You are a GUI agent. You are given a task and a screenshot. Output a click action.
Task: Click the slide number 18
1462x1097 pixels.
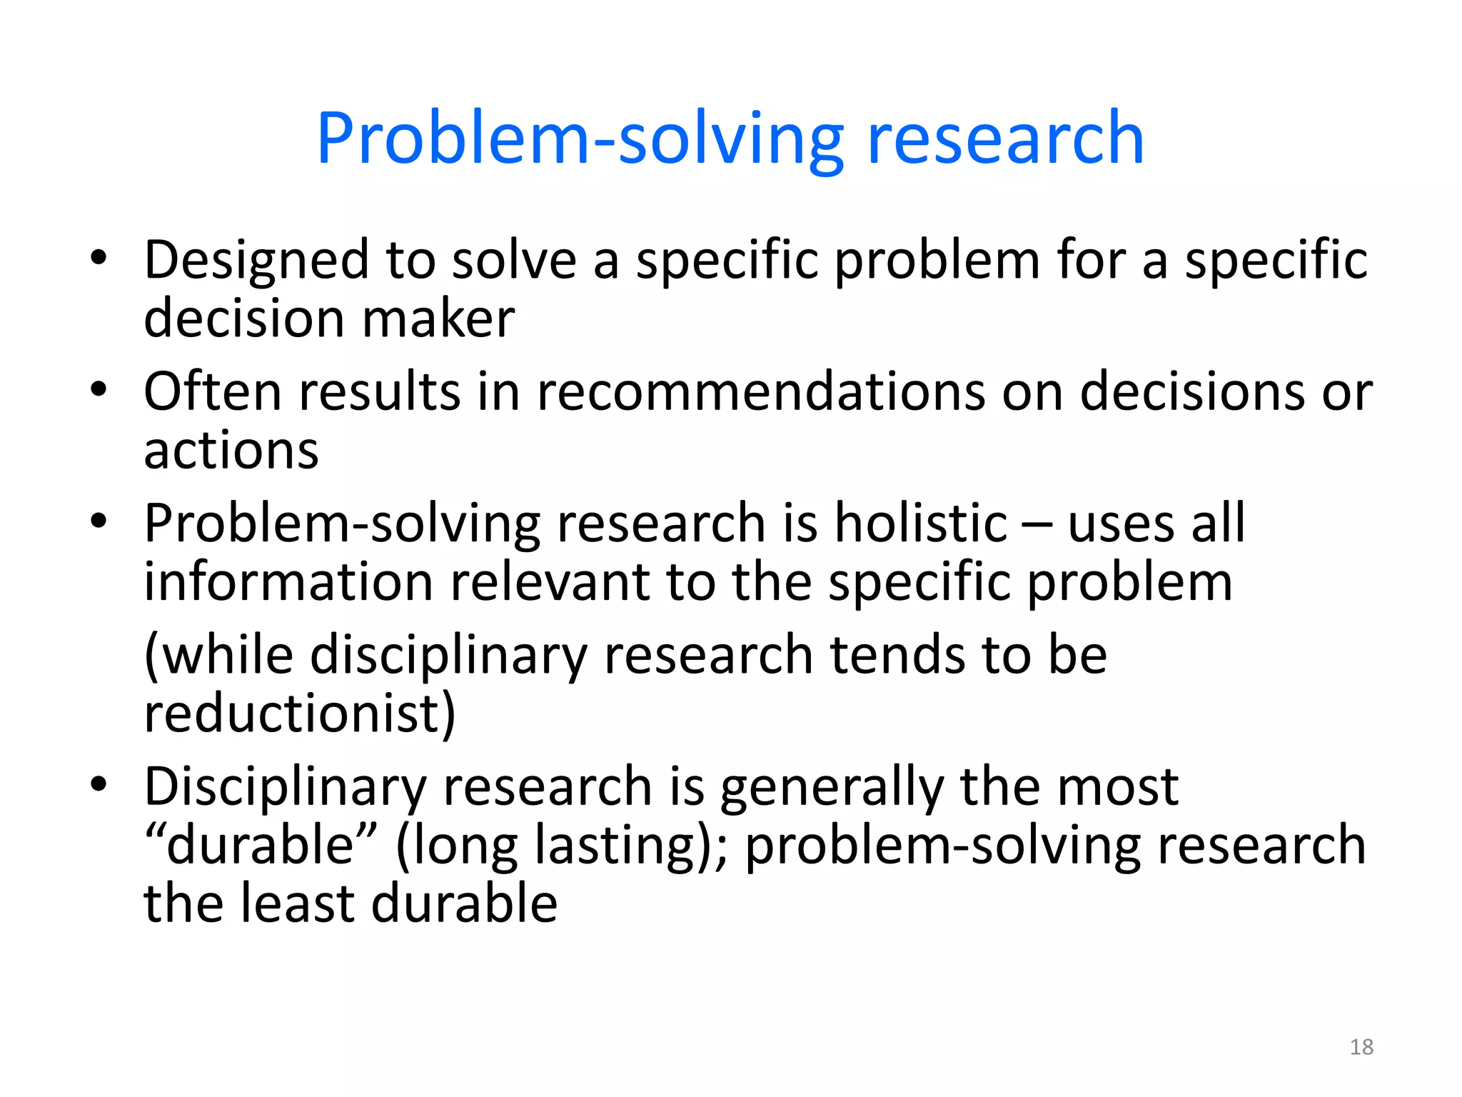click(1361, 1047)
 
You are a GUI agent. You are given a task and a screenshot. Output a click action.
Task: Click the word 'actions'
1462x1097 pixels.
click(231, 451)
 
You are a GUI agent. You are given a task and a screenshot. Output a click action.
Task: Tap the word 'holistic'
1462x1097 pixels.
click(921, 523)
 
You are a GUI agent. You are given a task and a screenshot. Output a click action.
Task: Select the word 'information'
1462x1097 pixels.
click(288, 581)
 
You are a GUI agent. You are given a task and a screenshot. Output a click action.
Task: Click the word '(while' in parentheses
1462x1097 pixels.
click(218, 656)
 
